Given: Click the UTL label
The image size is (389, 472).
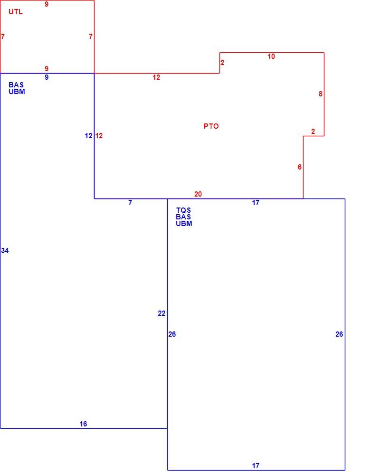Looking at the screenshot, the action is tap(15, 12).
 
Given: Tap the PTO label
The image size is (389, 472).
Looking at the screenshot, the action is tap(211, 126).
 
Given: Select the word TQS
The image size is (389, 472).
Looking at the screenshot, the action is tap(183, 210).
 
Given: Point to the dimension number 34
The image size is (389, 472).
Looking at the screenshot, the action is tap(5, 250).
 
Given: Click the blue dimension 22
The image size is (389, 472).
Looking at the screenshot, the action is tap(161, 313).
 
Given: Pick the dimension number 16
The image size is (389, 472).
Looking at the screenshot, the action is tap(83, 424).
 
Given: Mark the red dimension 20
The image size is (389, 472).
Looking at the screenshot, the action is tap(198, 194).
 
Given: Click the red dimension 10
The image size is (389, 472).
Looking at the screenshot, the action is tap(271, 57).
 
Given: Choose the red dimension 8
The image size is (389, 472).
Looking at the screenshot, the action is tap(321, 94).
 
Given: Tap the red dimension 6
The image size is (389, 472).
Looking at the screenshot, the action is tap(300, 167).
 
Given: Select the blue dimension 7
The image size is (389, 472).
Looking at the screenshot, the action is tap(130, 203).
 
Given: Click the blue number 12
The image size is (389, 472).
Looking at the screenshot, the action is tap(88, 136).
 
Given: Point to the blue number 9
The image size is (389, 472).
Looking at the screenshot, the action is tap(47, 77).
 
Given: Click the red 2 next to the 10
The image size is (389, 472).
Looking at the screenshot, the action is tap(222, 63).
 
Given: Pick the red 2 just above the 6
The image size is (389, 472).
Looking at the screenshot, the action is tap(313, 132).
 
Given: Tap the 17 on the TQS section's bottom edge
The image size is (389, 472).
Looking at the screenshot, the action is tap(256, 466).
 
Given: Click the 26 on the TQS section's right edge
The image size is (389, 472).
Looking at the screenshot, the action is tap(339, 334).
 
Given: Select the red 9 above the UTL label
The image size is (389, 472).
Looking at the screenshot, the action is tap(47, 4).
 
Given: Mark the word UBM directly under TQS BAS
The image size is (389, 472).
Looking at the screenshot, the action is tap(184, 223).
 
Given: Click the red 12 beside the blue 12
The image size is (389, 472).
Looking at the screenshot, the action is tap(99, 136).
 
